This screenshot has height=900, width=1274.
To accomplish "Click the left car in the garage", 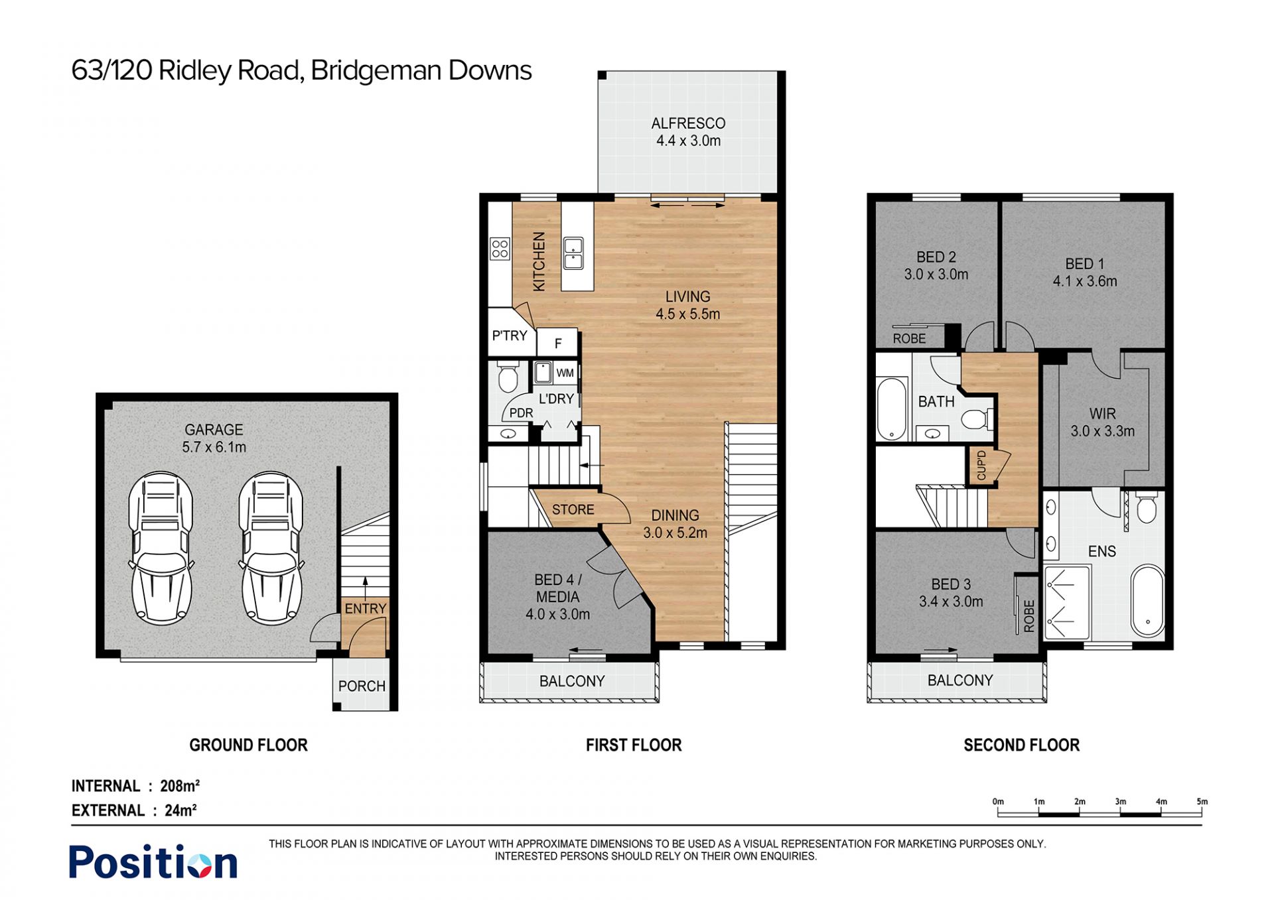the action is coord(161,548).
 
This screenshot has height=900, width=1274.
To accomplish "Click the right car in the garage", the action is coord(271,548).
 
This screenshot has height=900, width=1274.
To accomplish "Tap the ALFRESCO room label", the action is coord(688,123).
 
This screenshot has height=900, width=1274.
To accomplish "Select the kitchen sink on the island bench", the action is coord(573,253).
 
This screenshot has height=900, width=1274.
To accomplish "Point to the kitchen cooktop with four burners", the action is coord(500,249).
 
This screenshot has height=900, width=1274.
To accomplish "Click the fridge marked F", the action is coord(557,343).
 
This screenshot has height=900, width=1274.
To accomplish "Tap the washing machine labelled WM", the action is coord(565,373).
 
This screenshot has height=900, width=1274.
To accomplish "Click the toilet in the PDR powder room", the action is coord(508,377).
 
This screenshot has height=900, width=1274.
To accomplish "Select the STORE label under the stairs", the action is coord(573,509).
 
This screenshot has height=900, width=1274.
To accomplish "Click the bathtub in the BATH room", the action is coord(892,409).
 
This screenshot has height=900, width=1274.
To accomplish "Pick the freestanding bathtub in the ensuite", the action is coord(1148,600).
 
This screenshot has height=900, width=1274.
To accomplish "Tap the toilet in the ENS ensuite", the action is coord(1147,507).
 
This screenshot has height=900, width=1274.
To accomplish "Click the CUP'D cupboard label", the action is coord(981,465).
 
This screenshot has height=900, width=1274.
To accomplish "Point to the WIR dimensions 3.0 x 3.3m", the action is coord(1103,431).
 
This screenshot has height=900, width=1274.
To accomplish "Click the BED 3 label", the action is coord(951,584).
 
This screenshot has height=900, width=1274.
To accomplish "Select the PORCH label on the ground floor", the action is coord(362,686).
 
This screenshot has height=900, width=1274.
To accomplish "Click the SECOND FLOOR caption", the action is coord(1022,745).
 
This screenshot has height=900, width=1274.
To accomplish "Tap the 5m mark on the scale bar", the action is coord(1202,802).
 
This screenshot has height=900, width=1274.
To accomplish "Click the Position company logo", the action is coord(153,862).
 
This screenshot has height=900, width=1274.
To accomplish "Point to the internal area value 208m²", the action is coord(180,786).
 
